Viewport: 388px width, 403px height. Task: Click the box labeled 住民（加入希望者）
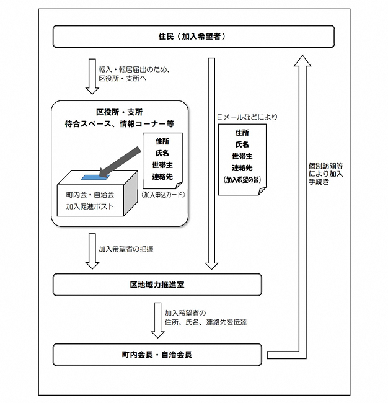(193, 36)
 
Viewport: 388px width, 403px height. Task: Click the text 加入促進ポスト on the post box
(90, 206)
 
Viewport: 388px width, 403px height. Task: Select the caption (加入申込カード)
(162, 194)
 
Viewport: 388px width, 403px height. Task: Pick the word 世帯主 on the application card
(162, 164)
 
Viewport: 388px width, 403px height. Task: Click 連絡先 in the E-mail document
(242, 167)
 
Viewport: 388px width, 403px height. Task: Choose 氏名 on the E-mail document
(242, 144)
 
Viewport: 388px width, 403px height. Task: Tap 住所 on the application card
(162, 141)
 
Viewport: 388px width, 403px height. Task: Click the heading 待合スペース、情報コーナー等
(120, 124)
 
